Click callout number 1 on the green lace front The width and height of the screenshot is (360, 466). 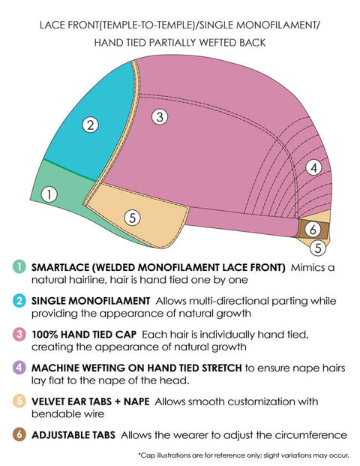click(49, 194)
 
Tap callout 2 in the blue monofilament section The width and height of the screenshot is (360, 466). click(90, 125)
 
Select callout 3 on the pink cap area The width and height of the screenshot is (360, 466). click(160, 117)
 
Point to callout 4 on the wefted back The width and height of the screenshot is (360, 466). click(313, 168)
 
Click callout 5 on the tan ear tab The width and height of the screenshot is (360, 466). click(132, 218)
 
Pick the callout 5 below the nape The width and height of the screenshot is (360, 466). click(318, 248)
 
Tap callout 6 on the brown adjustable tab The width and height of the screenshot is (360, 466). click(313, 230)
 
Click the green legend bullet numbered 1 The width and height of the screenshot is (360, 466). click(19, 267)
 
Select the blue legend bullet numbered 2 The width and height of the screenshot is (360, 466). click(19, 300)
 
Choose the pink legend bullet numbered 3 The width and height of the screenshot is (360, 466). click(19, 334)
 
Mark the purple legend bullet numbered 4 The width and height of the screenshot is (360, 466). click(19, 368)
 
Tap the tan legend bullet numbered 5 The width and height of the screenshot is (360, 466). click(19, 401)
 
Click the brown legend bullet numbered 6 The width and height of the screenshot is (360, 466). click(19, 434)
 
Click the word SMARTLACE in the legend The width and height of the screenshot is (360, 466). click(60, 267)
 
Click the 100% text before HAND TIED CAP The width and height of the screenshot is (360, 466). click(44, 335)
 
